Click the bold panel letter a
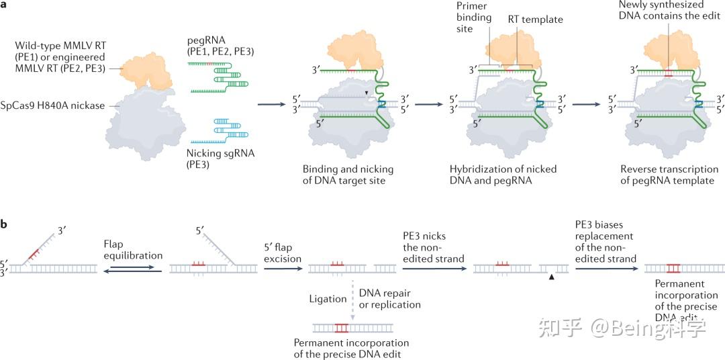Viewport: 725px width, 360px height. (5, 5)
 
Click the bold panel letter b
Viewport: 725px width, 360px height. (5, 222)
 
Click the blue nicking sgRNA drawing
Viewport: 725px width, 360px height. (218, 130)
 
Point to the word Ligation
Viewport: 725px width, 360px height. (328, 299)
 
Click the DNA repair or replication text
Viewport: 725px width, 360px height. (390, 299)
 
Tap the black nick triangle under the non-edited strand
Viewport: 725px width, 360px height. (551, 277)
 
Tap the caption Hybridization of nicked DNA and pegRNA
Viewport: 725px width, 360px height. (503, 175)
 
